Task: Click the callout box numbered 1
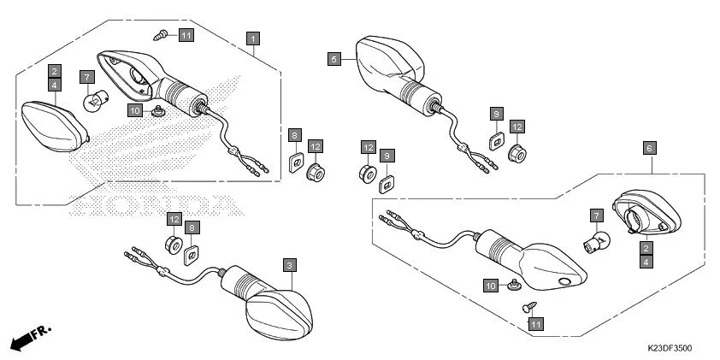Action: [253, 38]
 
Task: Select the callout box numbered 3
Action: [290, 265]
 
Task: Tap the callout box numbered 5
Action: [334, 59]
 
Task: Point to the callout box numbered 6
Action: [649, 148]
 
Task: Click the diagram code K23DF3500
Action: [670, 349]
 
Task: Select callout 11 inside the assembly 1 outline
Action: [186, 34]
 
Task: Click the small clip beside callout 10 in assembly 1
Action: [156, 112]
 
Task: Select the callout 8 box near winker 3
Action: [192, 227]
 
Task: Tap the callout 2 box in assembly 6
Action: [646, 248]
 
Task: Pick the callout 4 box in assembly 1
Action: [54, 86]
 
